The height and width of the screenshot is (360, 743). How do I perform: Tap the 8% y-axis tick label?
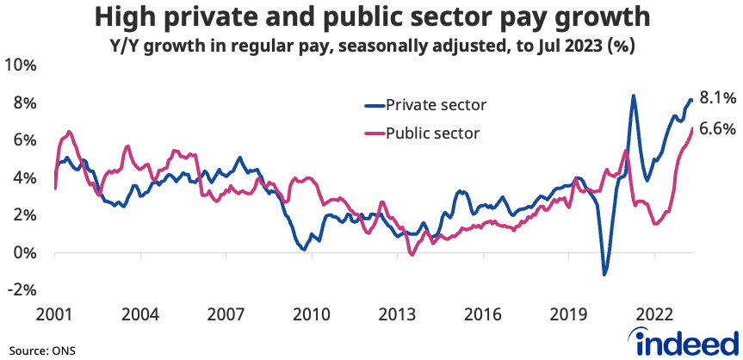coord(23,103)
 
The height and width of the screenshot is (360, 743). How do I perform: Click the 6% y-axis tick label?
coord(23,140)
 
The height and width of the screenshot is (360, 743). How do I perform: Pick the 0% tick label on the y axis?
coord(23,253)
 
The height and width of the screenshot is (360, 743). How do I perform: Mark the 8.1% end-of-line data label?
coord(716,99)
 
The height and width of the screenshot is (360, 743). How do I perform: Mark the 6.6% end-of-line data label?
coord(716,128)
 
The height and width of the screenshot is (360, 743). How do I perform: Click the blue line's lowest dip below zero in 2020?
coord(605,275)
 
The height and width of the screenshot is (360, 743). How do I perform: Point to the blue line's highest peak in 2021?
coord(633,96)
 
